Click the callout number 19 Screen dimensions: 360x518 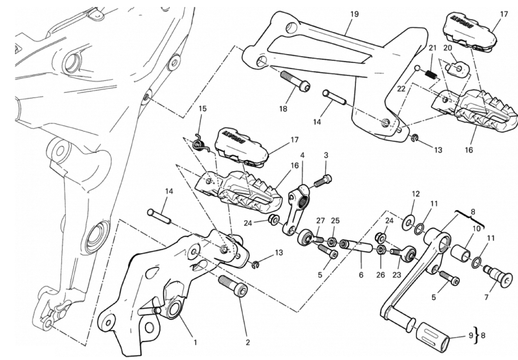coord(354,14)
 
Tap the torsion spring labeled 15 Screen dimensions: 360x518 coord(201,142)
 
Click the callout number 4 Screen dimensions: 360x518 coord(302,155)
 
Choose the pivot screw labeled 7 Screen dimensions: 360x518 coord(495,275)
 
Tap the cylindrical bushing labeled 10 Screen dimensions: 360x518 coord(462,254)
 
